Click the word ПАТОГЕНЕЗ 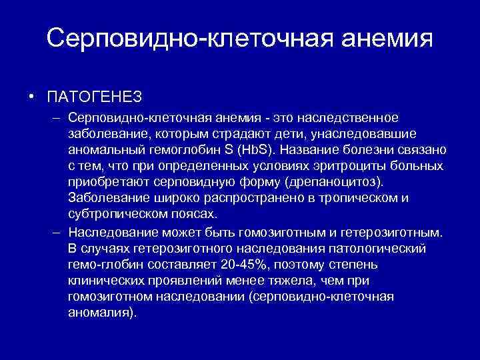click(x=95, y=97)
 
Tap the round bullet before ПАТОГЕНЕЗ click(x=32, y=97)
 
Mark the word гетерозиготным click(x=395, y=231)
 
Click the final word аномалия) click(x=101, y=312)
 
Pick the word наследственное click(x=355, y=117)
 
